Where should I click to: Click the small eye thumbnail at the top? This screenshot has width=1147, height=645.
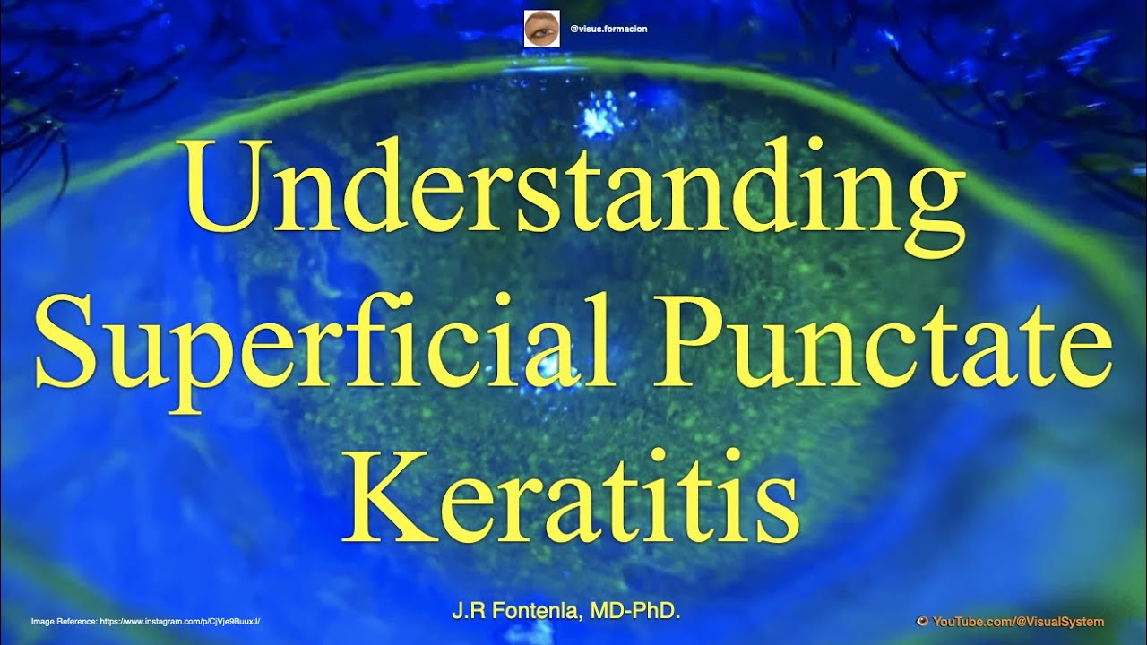click(x=541, y=29)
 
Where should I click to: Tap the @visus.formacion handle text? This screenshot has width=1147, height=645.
click(x=608, y=30)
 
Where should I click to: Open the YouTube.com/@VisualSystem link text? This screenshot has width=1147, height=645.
click(x=1018, y=622)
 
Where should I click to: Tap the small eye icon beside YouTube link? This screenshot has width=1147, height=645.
click(x=922, y=622)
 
